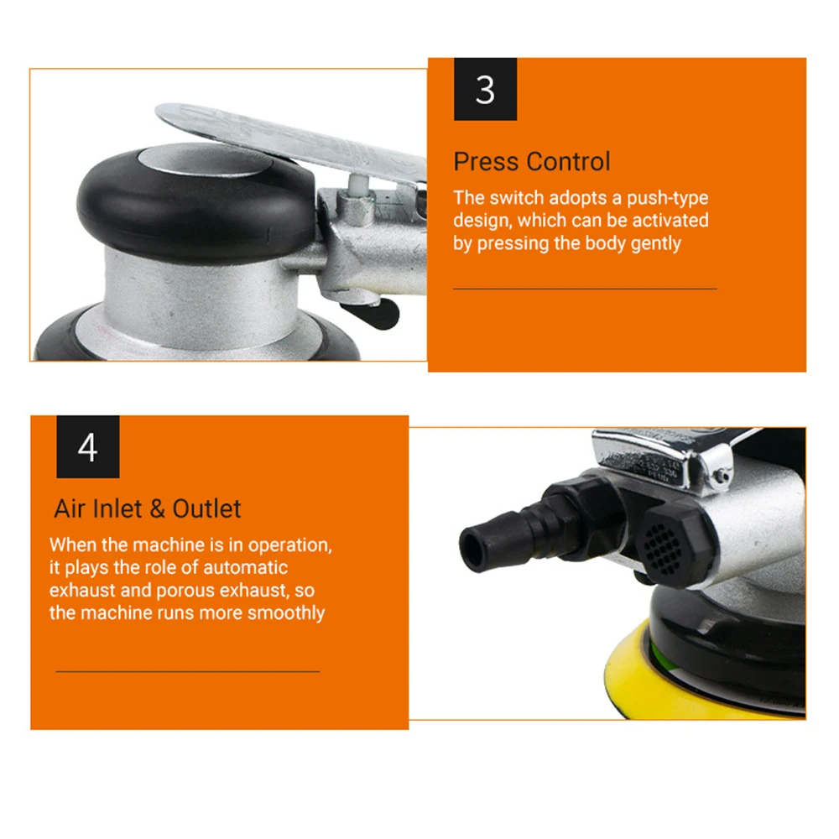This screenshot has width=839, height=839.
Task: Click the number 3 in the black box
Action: [485, 90]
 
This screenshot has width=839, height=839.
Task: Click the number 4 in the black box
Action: [87, 448]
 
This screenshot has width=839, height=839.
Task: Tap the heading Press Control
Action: [532, 161]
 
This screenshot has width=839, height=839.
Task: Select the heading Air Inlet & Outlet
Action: [148, 508]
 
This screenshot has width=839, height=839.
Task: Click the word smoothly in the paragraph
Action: [286, 612]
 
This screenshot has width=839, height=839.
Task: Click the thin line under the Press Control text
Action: [585, 289]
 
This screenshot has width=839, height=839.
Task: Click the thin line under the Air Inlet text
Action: [187, 671]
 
